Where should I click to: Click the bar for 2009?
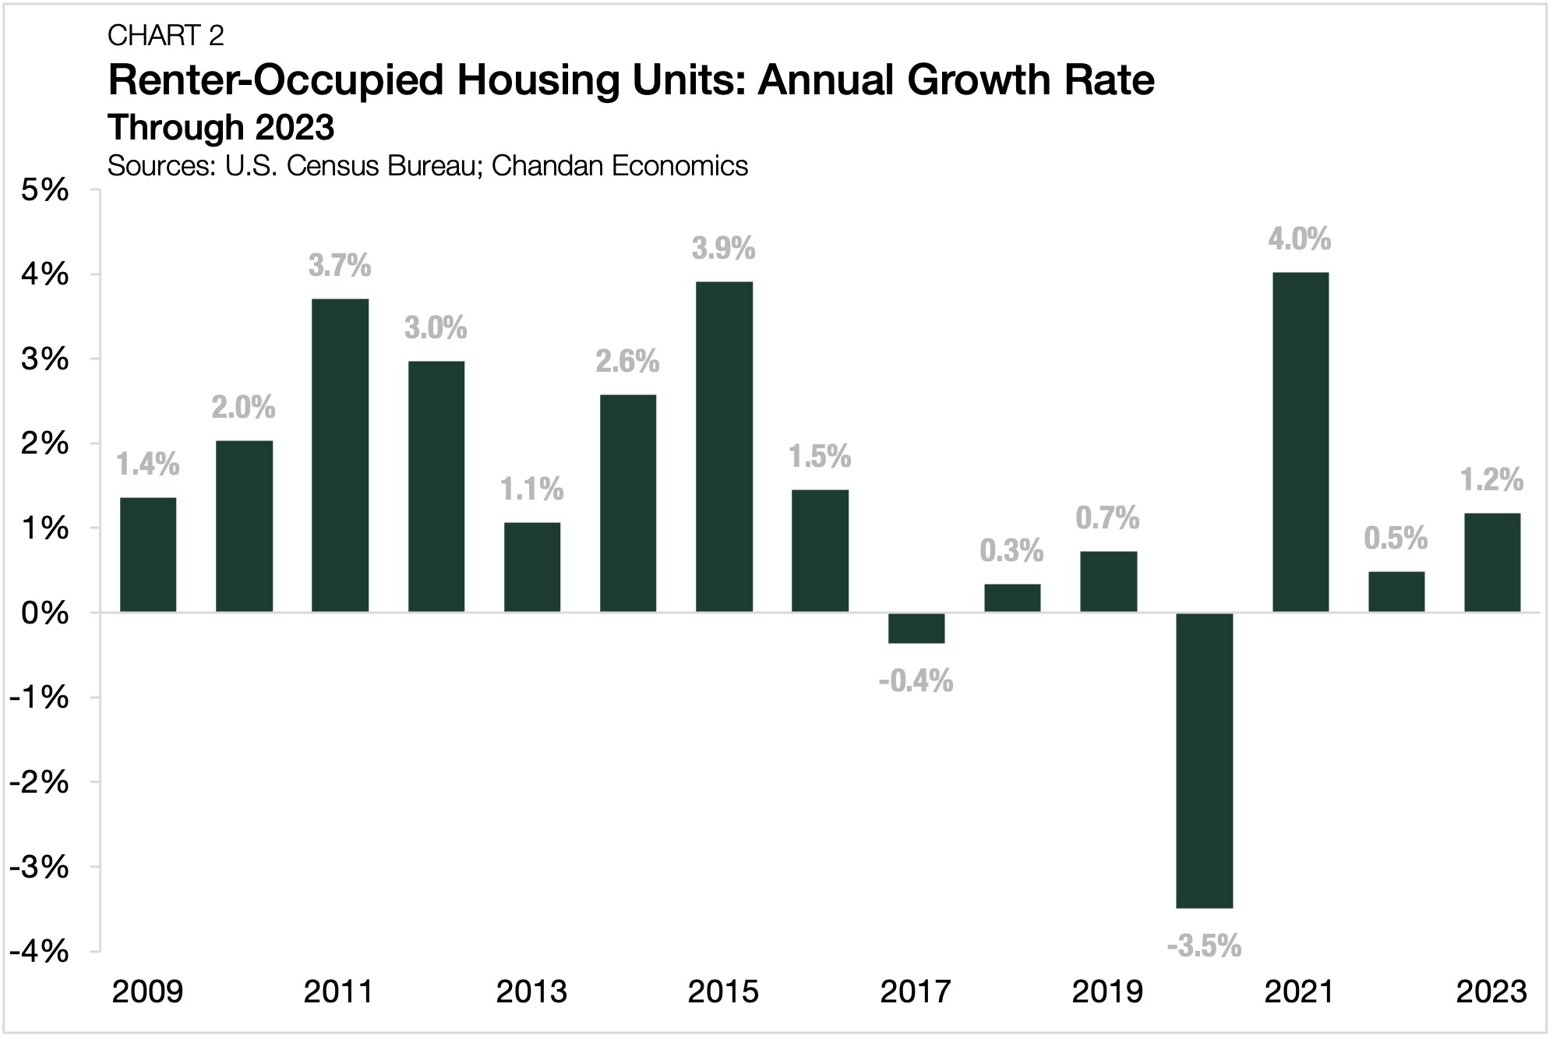pos(148,555)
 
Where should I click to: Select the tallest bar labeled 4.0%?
pos(1300,443)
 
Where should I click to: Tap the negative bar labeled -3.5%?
pos(1204,760)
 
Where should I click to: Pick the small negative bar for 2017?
pos(916,628)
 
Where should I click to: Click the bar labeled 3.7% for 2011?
pos(340,456)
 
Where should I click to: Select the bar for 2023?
pos(1491,563)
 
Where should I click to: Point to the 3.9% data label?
pos(723,249)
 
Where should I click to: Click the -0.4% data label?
pos(916,682)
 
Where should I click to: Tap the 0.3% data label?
pos(1011,551)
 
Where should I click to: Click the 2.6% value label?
pos(627,362)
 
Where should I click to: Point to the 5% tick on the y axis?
pos(45,190)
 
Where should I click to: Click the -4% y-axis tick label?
pos(39,951)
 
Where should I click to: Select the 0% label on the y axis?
pos(45,613)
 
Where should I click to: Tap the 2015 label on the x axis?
pos(723,992)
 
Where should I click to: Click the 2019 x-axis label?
pos(1107,992)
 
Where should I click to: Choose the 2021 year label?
pos(1299,992)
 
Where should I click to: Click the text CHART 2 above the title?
pos(166,36)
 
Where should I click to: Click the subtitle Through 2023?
pos(221,127)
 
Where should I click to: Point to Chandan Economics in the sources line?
pos(619,166)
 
